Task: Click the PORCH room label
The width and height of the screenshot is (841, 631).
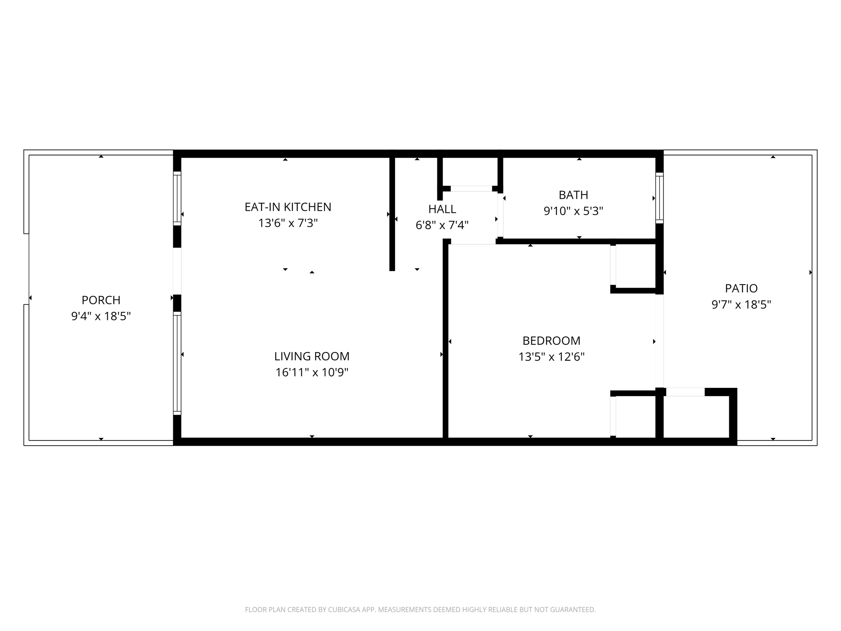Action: point(101,300)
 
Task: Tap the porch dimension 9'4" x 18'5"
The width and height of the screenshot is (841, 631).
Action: point(101,316)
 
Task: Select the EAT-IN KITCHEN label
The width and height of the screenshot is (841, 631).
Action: point(288,207)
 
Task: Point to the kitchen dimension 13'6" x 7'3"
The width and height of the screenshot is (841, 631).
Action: point(288,223)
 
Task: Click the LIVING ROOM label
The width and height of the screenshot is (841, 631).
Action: point(312,356)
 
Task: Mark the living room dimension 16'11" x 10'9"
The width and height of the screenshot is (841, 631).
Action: point(312,372)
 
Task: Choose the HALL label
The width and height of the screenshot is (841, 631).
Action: point(442,209)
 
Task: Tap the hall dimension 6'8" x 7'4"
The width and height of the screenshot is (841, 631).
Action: point(442,225)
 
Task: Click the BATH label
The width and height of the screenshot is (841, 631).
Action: point(573,195)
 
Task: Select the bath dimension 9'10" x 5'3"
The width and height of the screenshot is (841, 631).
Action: point(573,211)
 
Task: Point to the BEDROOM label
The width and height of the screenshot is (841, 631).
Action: point(551,341)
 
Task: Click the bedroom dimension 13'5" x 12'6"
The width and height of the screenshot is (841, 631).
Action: point(551,357)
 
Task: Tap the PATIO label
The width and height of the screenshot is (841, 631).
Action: point(741,288)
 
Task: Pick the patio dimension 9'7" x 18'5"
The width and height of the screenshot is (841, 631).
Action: point(741,305)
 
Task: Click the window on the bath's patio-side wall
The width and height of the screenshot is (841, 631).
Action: point(659,198)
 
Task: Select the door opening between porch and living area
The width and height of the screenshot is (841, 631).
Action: point(177,271)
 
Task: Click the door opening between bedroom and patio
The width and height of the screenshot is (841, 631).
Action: point(659,341)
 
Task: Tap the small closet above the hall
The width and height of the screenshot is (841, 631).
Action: point(471,172)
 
